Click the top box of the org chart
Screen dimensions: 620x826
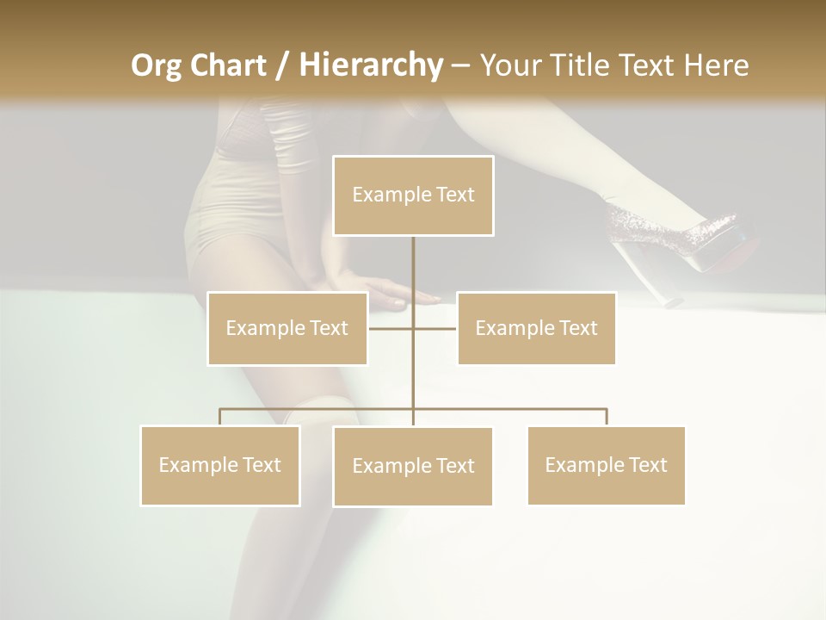(x=413, y=195)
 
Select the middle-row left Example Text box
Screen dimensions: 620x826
(x=287, y=328)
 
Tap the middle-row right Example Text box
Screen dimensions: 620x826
(x=536, y=328)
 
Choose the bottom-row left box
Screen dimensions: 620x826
(x=220, y=465)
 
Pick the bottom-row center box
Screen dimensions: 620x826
(x=413, y=466)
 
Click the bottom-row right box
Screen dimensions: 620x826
(x=607, y=465)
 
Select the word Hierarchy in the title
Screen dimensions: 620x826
(x=370, y=65)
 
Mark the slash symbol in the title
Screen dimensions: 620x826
(x=282, y=65)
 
